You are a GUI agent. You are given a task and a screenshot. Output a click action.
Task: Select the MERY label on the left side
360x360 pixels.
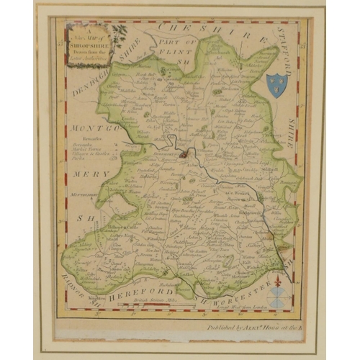point(95,174)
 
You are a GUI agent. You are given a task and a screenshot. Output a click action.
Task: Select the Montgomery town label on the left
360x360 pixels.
point(84,194)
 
